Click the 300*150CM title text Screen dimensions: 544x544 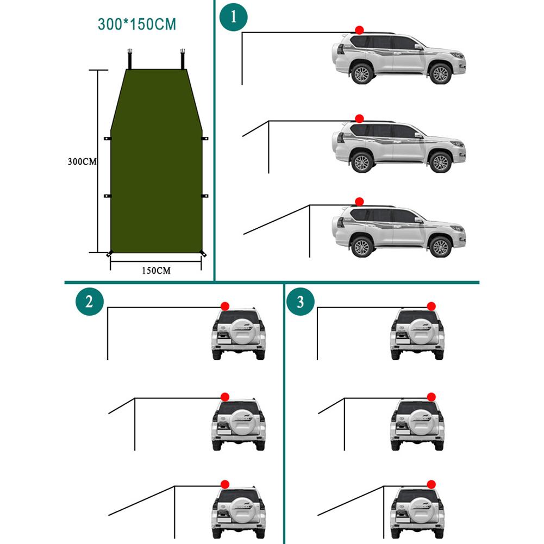point(137,24)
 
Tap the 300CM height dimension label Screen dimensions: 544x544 point(82,161)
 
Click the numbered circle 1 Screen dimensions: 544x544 point(234,17)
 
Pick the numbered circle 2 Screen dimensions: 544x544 point(89,302)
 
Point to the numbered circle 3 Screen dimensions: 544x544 point(301,302)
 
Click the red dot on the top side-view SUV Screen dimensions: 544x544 point(359,30)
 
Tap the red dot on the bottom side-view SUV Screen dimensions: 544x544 point(359,202)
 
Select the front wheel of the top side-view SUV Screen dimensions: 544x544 point(440,74)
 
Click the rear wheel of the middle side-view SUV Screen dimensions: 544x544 point(361,162)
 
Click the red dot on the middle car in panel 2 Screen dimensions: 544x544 point(224,397)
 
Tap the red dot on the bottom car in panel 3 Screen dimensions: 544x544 point(432,484)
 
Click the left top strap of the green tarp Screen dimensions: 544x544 point(130,57)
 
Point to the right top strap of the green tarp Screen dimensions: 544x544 point(183,57)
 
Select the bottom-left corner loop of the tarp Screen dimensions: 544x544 point(109,254)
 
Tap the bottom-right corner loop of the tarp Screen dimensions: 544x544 point(204,254)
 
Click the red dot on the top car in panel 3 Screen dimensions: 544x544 point(431,307)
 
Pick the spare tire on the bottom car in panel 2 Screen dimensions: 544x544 point(239,511)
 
